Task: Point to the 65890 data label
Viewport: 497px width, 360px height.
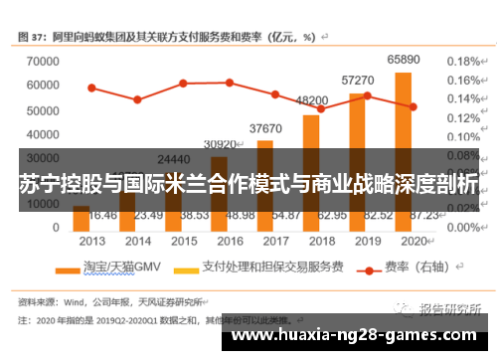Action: [404, 60]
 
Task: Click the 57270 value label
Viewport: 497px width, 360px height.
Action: [358, 80]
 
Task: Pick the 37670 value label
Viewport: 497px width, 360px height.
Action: [265, 128]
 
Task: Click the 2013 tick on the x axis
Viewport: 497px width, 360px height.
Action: [92, 241]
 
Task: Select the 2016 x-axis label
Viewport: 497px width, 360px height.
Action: [230, 241]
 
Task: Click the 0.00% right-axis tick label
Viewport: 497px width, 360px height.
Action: [463, 228]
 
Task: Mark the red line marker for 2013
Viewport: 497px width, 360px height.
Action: [91, 88]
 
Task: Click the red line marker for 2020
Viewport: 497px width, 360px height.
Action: [413, 106]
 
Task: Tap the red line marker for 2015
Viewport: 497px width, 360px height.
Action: [184, 83]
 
